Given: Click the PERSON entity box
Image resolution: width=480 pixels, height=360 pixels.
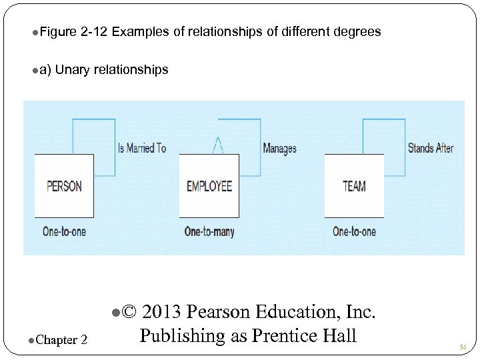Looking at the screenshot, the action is point(64,186).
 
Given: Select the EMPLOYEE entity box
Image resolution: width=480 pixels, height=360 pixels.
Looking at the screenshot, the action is point(209,186).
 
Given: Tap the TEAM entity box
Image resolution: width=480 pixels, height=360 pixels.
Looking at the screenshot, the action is point(354,186).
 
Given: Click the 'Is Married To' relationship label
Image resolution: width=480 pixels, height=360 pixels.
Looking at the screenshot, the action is point(142,148).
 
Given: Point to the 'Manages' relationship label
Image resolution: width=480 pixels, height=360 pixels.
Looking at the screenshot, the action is point(279,149).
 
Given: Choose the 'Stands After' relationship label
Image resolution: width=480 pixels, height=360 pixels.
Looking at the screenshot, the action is point(430,148).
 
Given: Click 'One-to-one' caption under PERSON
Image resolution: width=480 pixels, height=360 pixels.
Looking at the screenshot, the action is point(64,232).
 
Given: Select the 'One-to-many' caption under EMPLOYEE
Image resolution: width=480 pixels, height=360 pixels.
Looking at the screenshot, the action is point(209,232).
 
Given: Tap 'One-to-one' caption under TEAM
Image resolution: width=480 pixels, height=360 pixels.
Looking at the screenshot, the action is point(354,232).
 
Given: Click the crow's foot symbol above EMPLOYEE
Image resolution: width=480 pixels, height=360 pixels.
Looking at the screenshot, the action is point(217,145).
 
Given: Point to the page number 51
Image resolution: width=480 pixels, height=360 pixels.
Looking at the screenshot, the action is point(463,347).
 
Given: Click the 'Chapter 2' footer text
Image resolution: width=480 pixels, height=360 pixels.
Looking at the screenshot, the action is point(61,341).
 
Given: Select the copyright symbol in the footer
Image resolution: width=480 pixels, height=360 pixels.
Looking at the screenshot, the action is point(130,312).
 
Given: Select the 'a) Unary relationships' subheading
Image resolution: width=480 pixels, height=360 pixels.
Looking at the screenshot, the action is point(104,69).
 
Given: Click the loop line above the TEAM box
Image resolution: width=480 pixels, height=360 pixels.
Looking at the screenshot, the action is point(383,120).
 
